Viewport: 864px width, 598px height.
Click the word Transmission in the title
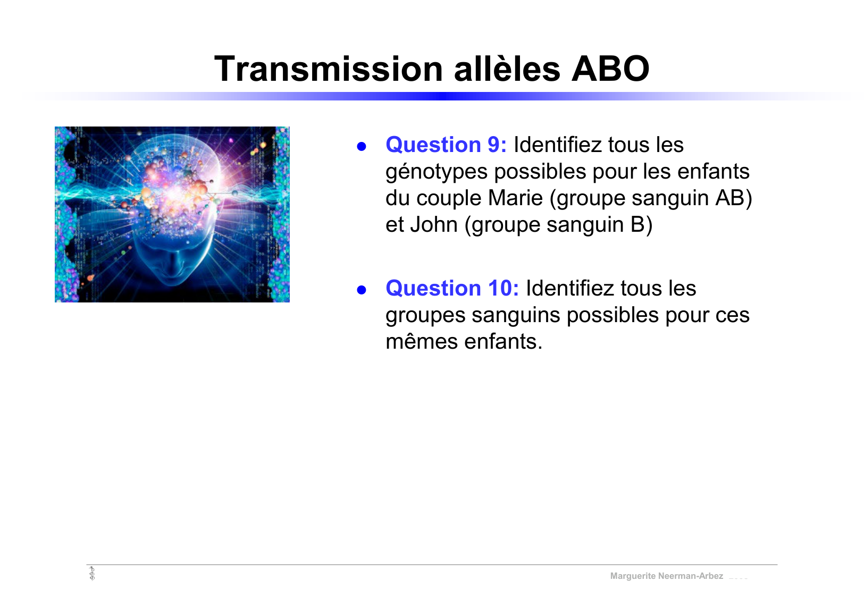328,69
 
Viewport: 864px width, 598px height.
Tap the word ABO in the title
610,69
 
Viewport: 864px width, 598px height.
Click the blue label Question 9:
446,145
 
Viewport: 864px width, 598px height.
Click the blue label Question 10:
452,288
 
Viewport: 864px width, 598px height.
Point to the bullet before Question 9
362,146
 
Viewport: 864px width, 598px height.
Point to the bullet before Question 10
362,290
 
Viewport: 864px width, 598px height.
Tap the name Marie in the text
515,198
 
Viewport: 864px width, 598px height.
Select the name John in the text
433,224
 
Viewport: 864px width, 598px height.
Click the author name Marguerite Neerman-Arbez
666,576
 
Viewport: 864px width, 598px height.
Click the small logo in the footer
92,574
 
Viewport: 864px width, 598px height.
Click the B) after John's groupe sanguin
641,224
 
